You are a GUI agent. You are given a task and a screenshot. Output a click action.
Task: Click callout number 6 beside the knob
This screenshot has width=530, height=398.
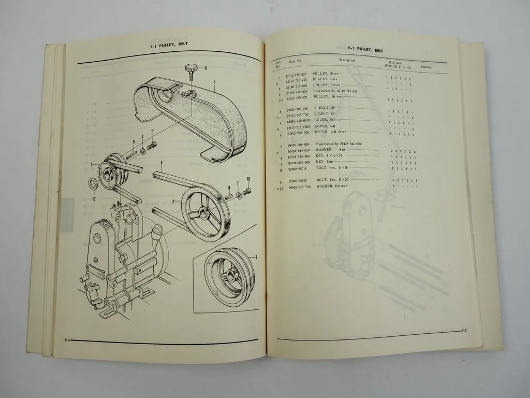[x=205, y=68]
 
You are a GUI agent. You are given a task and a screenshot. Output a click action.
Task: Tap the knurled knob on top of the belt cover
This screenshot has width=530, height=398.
[x=189, y=68]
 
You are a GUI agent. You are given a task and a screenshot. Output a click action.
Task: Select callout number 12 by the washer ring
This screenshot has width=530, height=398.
[x=94, y=199]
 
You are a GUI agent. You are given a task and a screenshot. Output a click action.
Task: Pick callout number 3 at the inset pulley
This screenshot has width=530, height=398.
[x=256, y=257]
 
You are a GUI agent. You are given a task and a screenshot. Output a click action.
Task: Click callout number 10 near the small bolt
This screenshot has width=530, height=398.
[x=248, y=179]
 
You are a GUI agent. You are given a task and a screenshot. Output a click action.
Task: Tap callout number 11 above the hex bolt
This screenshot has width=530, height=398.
[x=153, y=130]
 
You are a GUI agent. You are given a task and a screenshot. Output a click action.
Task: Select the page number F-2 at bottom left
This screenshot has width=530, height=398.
[x=67, y=340]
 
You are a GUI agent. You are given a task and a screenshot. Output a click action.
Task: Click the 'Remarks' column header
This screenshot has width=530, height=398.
[x=427, y=67]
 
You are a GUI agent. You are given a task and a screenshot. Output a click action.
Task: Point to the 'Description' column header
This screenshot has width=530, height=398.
[x=347, y=60]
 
